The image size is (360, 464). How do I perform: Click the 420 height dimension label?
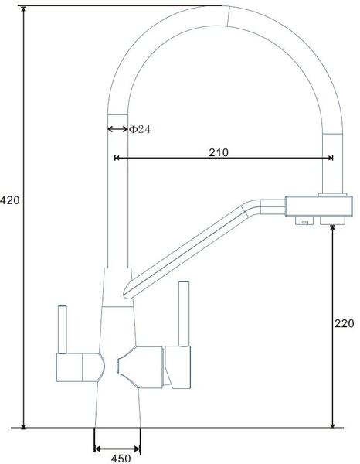(10, 200)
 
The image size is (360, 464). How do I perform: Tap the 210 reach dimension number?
(219, 152)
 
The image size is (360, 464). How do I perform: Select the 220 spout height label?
(345, 323)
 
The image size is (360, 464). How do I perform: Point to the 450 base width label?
(121, 459)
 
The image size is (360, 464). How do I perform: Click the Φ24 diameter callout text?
(140, 129)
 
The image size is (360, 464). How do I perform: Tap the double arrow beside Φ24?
(117, 129)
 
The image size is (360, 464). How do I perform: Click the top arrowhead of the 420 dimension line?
(24, 9)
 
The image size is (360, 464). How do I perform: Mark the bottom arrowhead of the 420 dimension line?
(24, 425)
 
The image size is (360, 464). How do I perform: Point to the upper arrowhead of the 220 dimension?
(333, 227)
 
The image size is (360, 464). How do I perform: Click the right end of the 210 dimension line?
(333, 158)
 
